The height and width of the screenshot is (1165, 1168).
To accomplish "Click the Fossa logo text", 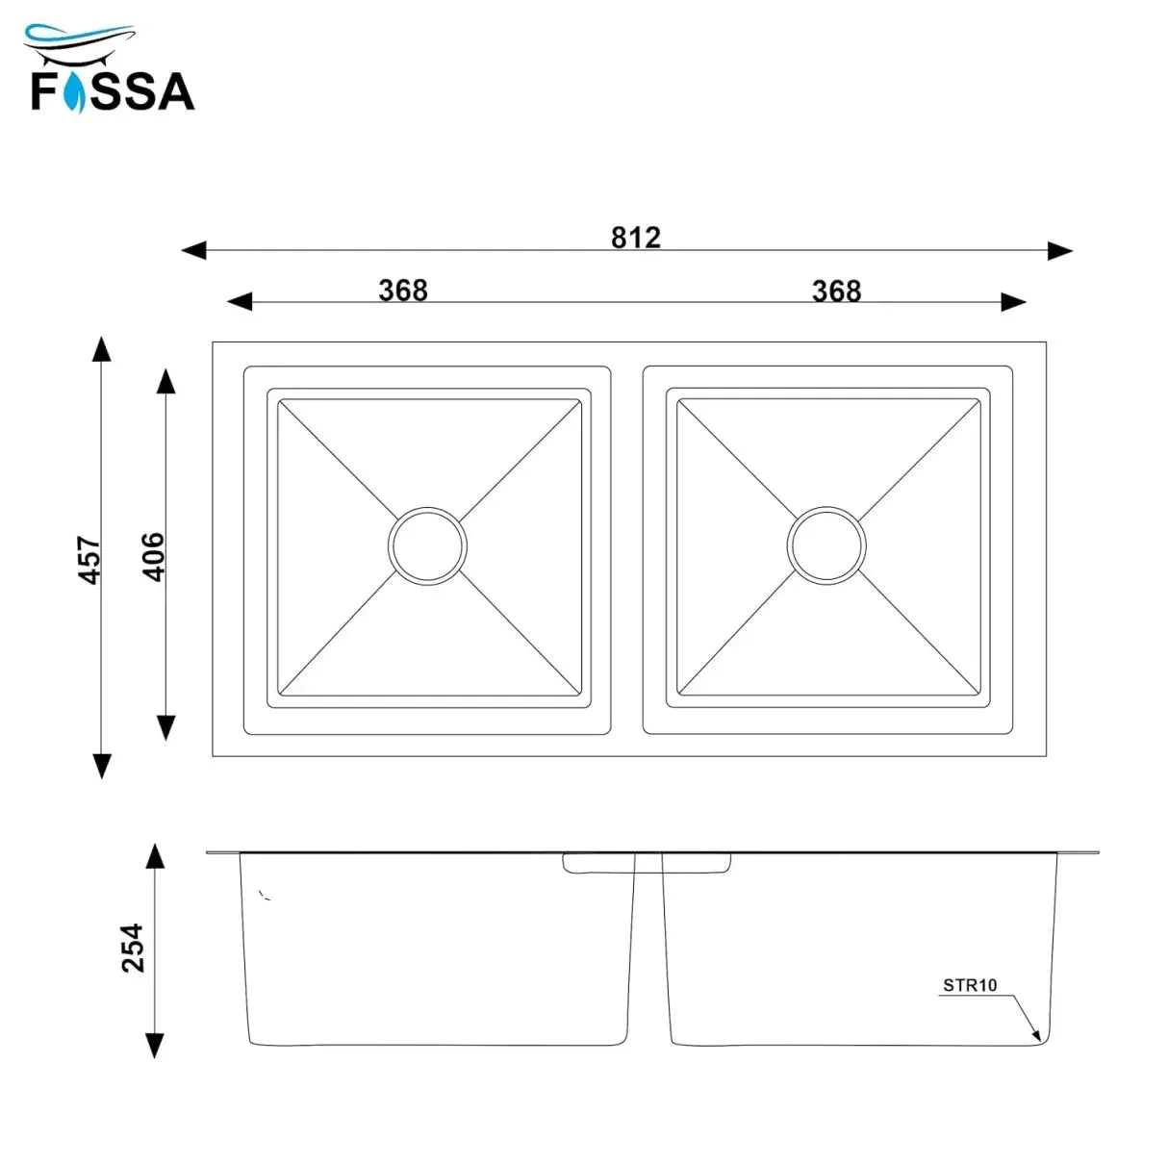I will [x=113, y=90].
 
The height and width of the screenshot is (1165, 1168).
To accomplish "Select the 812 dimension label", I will [x=636, y=237].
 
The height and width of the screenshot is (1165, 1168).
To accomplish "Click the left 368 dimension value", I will [x=402, y=290].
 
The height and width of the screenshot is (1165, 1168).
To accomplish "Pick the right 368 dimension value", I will [x=836, y=291].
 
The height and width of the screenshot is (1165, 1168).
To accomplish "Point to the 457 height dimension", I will [x=89, y=559].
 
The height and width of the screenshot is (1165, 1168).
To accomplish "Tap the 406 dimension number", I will [x=154, y=556].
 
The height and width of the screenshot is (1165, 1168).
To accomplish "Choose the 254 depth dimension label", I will [x=133, y=948].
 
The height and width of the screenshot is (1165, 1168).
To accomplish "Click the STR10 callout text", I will [x=970, y=985].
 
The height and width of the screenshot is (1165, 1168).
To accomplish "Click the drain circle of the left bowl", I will [x=427, y=545].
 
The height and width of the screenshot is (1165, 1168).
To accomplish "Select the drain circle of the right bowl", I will [x=825, y=545].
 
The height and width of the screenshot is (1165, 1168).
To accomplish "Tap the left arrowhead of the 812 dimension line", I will [x=193, y=251].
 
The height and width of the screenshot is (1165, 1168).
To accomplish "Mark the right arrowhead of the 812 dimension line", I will [x=1060, y=251].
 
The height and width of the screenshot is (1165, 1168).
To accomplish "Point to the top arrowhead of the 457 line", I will [x=101, y=347].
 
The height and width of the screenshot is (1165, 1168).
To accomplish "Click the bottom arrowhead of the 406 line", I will [x=166, y=727].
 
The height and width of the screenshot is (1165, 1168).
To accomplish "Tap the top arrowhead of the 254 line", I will [x=154, y=855].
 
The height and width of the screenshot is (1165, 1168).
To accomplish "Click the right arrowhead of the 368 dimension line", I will [x=1014, y=302].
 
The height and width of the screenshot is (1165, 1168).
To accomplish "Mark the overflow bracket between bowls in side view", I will [x=647, y=864].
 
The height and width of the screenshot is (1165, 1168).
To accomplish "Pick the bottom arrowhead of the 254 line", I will [x=154, y=1046].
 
